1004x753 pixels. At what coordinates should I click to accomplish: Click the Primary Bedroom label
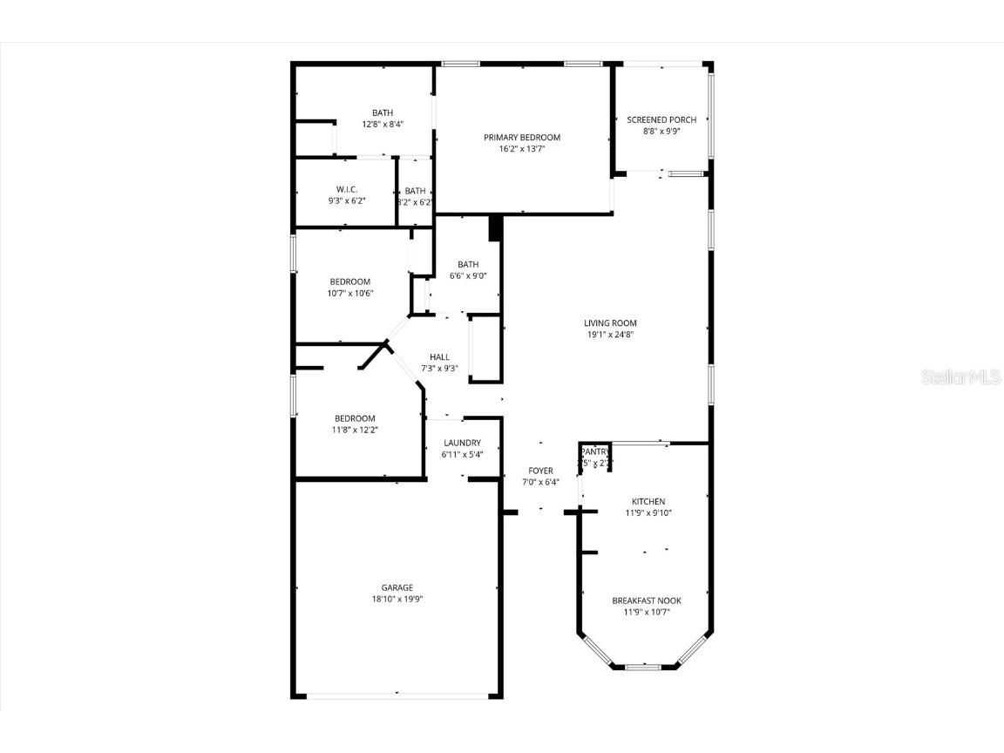(522, 138)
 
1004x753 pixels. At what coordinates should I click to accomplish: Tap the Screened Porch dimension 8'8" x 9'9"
(661, 132)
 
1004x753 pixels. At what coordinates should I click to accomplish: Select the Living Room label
(610, 323)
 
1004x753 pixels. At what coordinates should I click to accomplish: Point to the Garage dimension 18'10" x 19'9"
(397, 599)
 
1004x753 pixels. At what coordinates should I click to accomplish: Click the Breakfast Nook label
(647, 600)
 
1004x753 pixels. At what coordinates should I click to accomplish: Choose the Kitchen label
(648, 501)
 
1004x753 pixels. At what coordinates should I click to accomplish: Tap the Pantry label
(596, 451)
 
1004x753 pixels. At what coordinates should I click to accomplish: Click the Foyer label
(540, 471)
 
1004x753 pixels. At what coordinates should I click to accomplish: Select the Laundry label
(462, 443)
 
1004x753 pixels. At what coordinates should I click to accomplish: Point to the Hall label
(439, 356)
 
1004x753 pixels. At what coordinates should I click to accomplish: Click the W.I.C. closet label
(347, 190)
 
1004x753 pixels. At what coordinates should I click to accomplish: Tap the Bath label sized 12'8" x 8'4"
(383, 112)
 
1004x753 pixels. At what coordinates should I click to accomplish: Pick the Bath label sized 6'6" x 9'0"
(468, 265)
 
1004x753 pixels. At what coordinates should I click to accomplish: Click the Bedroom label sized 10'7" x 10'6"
(349, 282)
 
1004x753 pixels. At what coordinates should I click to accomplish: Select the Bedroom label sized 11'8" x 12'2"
(355, 418)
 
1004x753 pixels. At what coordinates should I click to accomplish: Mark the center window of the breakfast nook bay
(643, 667)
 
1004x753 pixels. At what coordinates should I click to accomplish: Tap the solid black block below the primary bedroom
(496, 227)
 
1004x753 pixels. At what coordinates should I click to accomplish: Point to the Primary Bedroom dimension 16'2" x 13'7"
(522, 149)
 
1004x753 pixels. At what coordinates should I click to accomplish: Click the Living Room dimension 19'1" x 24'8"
(610, 335)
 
